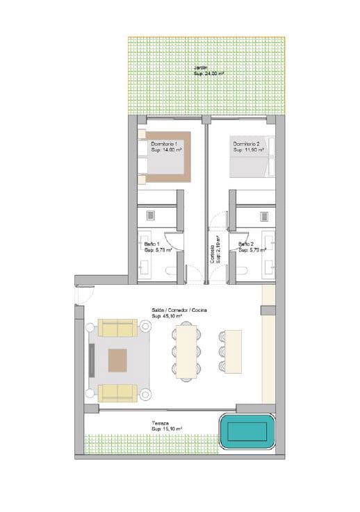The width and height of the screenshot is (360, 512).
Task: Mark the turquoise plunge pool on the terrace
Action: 247,432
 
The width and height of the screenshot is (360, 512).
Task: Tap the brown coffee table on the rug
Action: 117,361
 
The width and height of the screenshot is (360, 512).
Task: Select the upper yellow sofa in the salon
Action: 117,327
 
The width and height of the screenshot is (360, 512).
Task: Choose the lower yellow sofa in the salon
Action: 117,393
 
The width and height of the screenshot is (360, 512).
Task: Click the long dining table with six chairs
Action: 187,353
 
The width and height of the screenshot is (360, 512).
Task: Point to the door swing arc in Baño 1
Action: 174,240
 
